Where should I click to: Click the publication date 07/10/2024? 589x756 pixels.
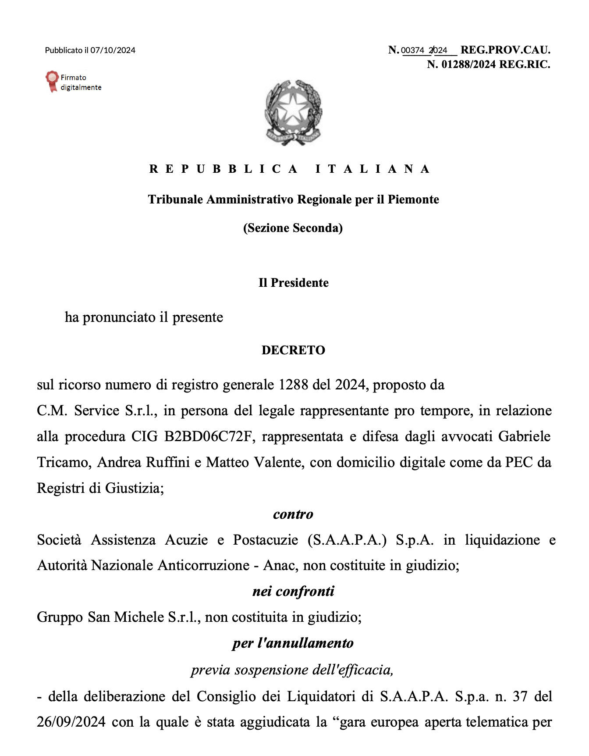pyautogui.click(x=113, y=50)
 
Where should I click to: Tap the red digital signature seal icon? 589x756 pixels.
pyautogui.click(x=52, y=81)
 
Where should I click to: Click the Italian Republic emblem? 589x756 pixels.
pyautogui.click(x=293, y=112)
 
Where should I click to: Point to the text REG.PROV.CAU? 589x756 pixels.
pyautogui.click(x=505, y=50)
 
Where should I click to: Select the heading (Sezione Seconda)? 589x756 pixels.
pyautogui.click(x=293, y=228)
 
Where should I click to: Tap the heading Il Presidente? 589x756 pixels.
pyautogui.click(x=293, y=283)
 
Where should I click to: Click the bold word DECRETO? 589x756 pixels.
pyautogui.click(x=293, y=350)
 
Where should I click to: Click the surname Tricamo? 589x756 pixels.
pyautogui.click(x=64, y=463)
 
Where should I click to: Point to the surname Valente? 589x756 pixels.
pyautogui.click(x=279, y=463)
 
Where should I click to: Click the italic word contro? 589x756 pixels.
pyautogui.click(x=293, y=514)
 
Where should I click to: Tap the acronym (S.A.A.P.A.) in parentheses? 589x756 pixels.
pyautogui.click(x=347, y=540)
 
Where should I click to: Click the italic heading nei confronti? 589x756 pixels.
pyautogui.click(x=293, y=592)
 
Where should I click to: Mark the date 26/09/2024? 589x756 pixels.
pyautogui.click(x=71, y=722)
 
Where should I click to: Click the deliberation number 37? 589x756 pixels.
pyautogui.click(x=520, y=696)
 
